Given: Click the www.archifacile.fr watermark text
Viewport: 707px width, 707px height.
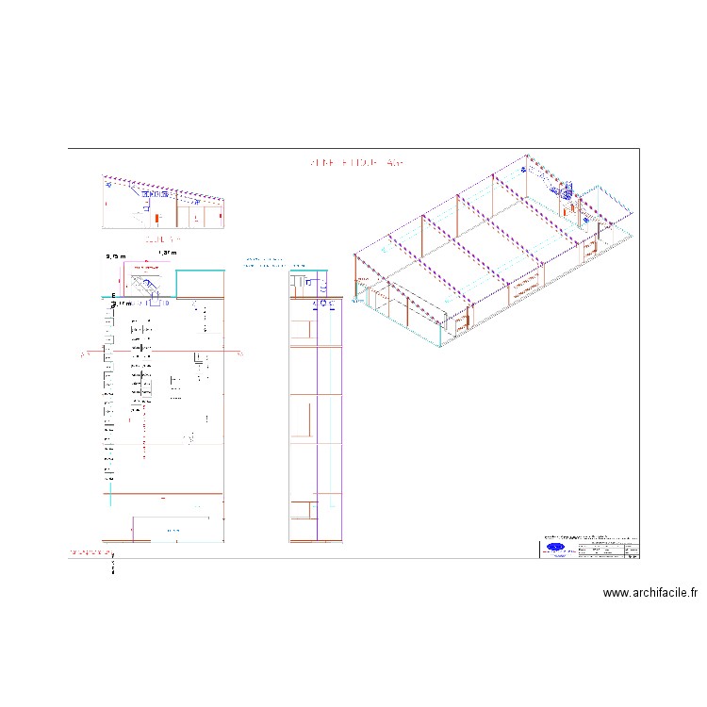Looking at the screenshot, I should click(x=650, y=593).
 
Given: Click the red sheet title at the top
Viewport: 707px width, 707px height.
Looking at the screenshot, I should click(x=356, y=163).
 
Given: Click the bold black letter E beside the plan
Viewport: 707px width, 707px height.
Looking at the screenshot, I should click(x=113, y=296).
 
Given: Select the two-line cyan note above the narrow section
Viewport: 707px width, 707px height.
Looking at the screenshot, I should click(x=263, y=261).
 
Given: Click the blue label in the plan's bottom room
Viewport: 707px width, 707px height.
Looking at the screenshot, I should click(x=173, y=531).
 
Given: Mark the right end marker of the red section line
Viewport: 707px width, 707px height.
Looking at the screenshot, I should click(x=239, y=353).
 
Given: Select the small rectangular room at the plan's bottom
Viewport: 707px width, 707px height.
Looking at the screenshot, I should click(x=177, y=529).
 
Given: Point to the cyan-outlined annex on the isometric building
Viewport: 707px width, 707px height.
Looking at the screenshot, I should click(x=605, y=209).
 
